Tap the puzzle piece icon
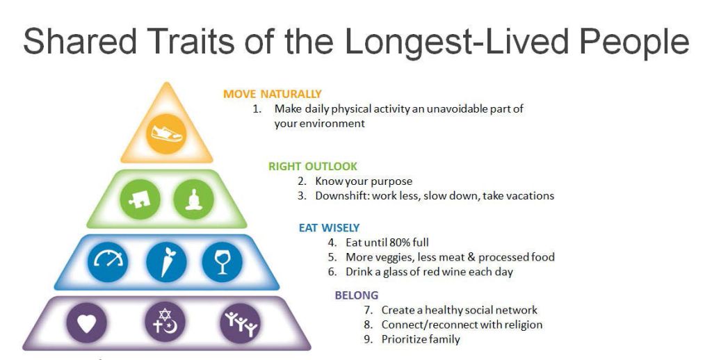coord(140,199)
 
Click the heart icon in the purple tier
coord(86,324)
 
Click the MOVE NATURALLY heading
coord(273,94)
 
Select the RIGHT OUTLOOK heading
coord(313,166)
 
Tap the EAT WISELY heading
coord(330,227)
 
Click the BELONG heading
coord(357,295)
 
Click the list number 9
coord(368,339)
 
